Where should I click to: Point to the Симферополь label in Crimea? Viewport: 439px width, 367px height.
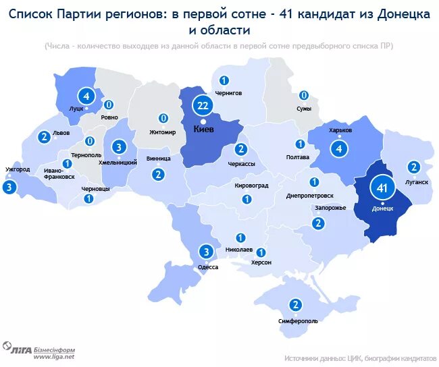[297, 321]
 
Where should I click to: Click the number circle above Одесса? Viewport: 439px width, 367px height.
[206, 252]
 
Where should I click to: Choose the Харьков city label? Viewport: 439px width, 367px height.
[340, 130]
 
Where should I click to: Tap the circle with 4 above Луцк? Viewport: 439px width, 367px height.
[86, 95]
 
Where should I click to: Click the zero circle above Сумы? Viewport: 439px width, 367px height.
[304, 95]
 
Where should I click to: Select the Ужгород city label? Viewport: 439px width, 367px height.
[17, 169]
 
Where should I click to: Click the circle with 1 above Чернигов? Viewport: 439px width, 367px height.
[224, 80]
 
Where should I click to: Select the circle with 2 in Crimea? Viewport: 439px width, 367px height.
[296, 304]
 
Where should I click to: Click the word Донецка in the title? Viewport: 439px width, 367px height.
[399, 15]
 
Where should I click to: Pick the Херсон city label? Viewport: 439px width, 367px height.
[261, 262]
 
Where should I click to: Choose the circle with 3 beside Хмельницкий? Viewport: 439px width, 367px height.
[118, 147]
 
